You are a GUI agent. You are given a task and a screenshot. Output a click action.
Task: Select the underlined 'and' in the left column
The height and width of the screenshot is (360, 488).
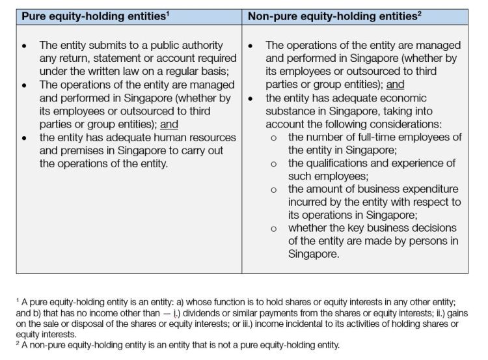coord(169,124)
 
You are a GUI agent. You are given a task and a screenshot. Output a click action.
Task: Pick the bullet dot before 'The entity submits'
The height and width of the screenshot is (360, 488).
coord(25,46)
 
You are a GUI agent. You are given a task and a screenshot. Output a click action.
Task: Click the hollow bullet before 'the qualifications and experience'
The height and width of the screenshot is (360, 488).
coord(273,164)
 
